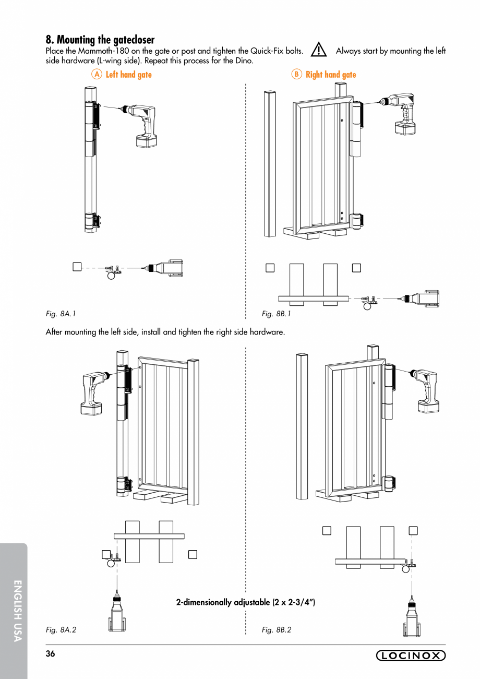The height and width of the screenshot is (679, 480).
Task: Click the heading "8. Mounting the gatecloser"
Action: (x=100, y=40)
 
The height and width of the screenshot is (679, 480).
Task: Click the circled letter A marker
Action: (x=96, y=75)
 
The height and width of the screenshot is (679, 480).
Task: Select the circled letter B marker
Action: (x=296, y=75)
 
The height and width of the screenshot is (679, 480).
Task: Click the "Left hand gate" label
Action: (x=128, y=75)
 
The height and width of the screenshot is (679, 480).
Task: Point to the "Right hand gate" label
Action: (x=331, y=75)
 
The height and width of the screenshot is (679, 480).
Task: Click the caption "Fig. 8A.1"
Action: (x=61, y=314)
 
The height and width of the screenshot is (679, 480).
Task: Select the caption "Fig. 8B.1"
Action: (x=277, y=314)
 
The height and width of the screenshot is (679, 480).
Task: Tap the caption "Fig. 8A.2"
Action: (x=61, y=630)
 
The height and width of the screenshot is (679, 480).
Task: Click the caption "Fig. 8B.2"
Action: (x=277, y=630)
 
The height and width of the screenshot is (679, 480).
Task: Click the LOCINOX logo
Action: (x=411, y=656)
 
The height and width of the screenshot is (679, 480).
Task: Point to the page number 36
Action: (x=51, y=654)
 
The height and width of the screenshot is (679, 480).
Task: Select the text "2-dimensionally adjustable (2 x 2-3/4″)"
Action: (x=246, y=602)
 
